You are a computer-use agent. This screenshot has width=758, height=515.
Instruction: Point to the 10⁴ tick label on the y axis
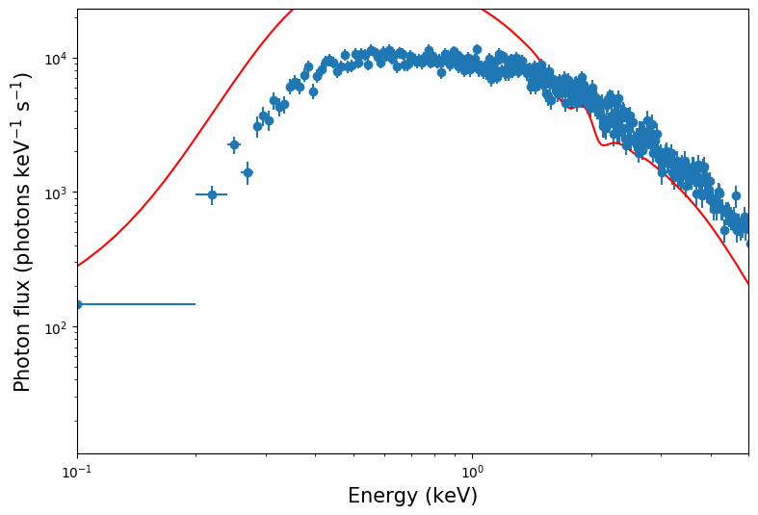coord(57,59)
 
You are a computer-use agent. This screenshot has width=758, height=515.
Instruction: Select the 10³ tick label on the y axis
coord(57,193)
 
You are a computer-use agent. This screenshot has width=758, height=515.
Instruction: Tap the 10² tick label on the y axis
coord(57,327)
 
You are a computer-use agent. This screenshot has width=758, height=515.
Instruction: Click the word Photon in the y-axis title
coord(22,350)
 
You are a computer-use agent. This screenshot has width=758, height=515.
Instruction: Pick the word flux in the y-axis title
coord(22,279)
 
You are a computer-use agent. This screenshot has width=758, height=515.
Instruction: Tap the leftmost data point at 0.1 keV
coord(78,304)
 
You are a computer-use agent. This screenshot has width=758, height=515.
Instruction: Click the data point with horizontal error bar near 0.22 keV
coord(212,194)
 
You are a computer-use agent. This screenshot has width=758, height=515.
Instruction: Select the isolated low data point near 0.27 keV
coord(248,172)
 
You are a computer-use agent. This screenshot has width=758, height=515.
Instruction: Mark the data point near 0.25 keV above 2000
coord(234,144)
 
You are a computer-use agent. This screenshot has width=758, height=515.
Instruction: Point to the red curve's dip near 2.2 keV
coord(605,144)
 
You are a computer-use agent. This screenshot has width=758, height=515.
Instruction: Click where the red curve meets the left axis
coord(78,266)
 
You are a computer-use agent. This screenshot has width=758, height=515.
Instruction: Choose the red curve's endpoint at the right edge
coord(748,284)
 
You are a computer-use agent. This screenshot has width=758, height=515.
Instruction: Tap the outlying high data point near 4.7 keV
coord(736,195)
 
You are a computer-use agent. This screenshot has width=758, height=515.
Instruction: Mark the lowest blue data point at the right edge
coord(748,244)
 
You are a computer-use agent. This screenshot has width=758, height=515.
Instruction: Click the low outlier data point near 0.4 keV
coord(313,92)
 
